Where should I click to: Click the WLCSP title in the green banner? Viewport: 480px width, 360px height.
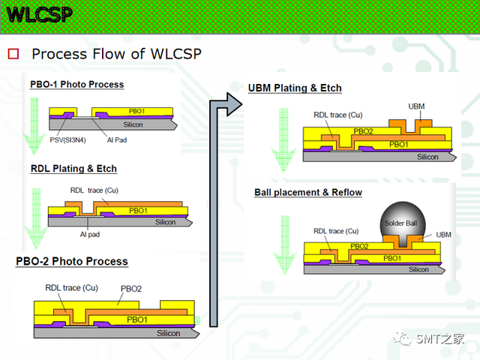coord(40,14)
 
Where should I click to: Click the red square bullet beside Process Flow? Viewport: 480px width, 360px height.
coord(13,54)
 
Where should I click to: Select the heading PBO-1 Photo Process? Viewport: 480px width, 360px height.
coord(76,85)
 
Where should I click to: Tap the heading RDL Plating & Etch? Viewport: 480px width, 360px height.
coord(73,169)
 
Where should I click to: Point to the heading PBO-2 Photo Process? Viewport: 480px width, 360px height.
coord(72,262)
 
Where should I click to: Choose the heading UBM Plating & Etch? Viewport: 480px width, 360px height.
coord(295,88)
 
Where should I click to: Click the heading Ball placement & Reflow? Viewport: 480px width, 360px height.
coord(308,193)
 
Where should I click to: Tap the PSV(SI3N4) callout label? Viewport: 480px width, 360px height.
coord(68,140)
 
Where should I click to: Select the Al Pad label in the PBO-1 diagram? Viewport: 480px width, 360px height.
coord(117,140)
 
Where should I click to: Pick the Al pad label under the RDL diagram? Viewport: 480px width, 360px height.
coord(90,235)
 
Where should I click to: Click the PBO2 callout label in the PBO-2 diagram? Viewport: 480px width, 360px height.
coord(131,289)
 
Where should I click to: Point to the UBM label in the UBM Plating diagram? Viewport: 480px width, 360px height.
coord(416,106)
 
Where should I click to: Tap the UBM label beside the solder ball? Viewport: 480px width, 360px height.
coord(443,235)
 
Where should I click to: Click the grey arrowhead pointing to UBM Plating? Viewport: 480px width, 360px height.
coord(234,104)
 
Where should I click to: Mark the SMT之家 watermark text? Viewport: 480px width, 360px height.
coord(440,339)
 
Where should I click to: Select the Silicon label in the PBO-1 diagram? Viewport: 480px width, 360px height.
coord(133,124)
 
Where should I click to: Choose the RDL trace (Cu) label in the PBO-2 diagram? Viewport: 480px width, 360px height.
coord(72,288)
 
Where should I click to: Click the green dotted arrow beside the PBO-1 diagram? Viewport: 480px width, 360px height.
coord(34,126)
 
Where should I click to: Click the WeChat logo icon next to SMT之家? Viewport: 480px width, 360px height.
coord(402,338)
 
